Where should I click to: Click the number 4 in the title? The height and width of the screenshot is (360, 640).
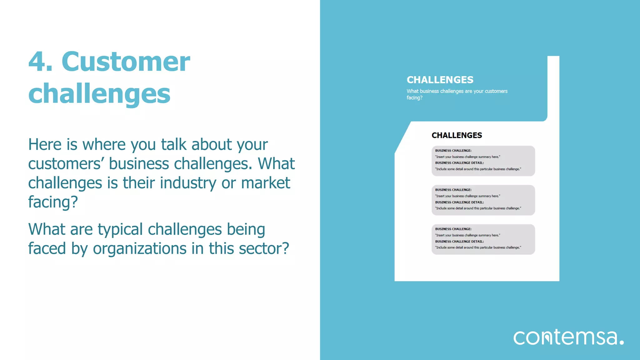click(x=37, y=62)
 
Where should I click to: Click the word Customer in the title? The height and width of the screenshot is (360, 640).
click(x=126, y=62)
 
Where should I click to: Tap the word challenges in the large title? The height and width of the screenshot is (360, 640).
click(x=99, y=94)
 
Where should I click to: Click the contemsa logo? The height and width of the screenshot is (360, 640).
click(x=568, y=337)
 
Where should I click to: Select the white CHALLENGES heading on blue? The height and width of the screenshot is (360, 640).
click(x=440, y=80)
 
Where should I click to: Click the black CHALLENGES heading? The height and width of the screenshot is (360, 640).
click(x=457, y=135)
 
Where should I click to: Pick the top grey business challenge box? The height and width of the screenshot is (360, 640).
click(x=483, y=161)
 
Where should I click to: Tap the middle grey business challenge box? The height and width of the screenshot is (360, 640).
click(x=483, y=200)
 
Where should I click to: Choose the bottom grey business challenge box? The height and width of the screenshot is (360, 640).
click(x=483, y=239)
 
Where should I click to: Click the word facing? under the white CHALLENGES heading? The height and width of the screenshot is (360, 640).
click(x=414, y=98)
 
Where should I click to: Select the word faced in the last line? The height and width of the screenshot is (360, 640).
click(x=47, y=249)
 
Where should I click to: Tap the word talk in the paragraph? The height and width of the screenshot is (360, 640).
click(x=174, y=145)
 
